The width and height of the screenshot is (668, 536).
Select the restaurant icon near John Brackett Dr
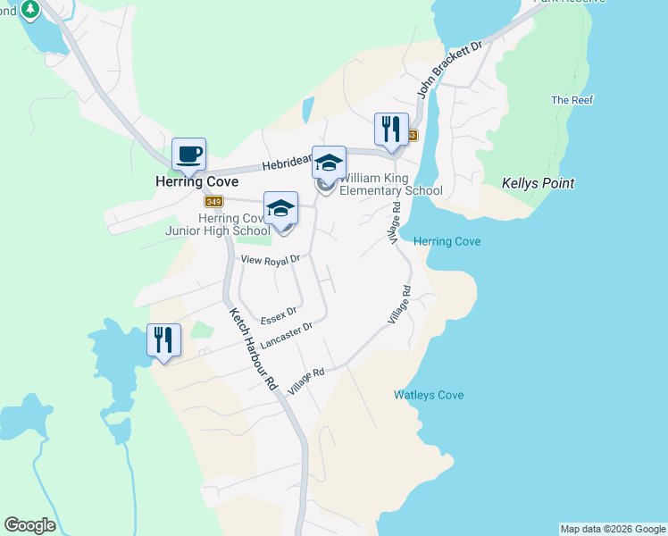pos(390,130)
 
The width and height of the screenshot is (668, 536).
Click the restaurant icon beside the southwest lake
pos(163,340)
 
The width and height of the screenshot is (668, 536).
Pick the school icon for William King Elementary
pos(328,163)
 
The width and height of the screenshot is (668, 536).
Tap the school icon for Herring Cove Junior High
pos(280,209)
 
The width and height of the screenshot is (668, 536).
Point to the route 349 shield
pos(213,202)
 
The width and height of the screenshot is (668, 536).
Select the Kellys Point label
pos(537,183)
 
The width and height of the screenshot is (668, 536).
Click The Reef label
pos(572,100)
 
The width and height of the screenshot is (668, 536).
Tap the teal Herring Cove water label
pos(447,242)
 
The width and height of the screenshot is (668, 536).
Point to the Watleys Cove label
pos(429,395)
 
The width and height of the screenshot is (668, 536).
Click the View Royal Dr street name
pos(273,259)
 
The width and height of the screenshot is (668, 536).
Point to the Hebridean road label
pos(285,165)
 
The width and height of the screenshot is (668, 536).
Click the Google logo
pos(29,525)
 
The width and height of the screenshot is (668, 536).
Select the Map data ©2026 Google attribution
pos(612,529)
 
